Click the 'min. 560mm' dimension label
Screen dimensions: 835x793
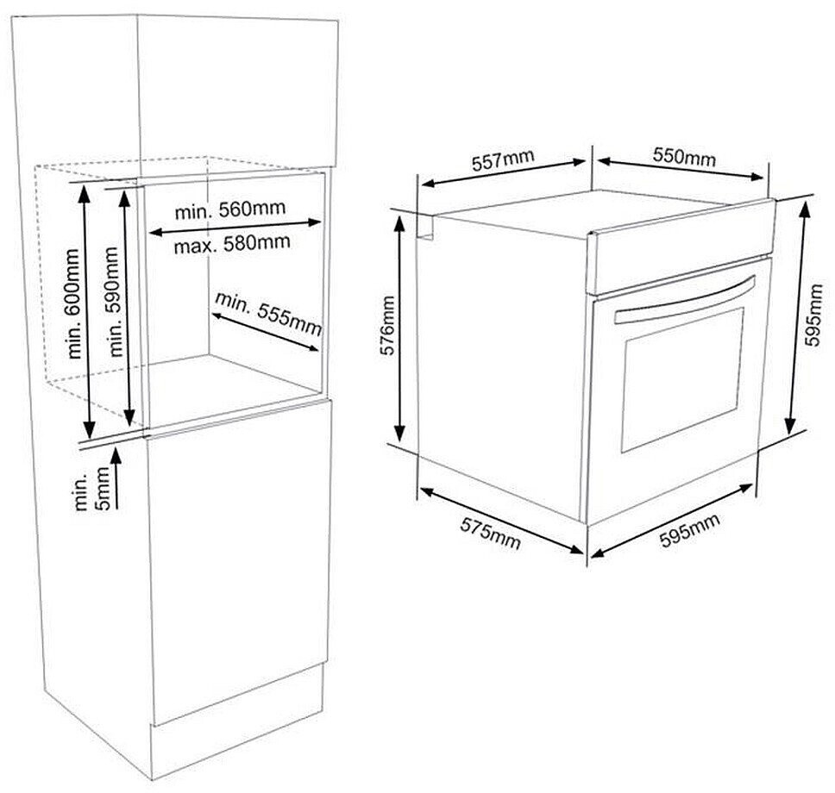pos(229,210)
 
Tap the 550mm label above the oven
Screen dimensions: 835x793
pos(684,158)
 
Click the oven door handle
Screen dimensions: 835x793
pos(681,302)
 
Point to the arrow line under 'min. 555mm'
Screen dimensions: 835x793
pos(263,332)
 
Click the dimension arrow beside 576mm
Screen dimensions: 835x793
pos(401,327)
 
